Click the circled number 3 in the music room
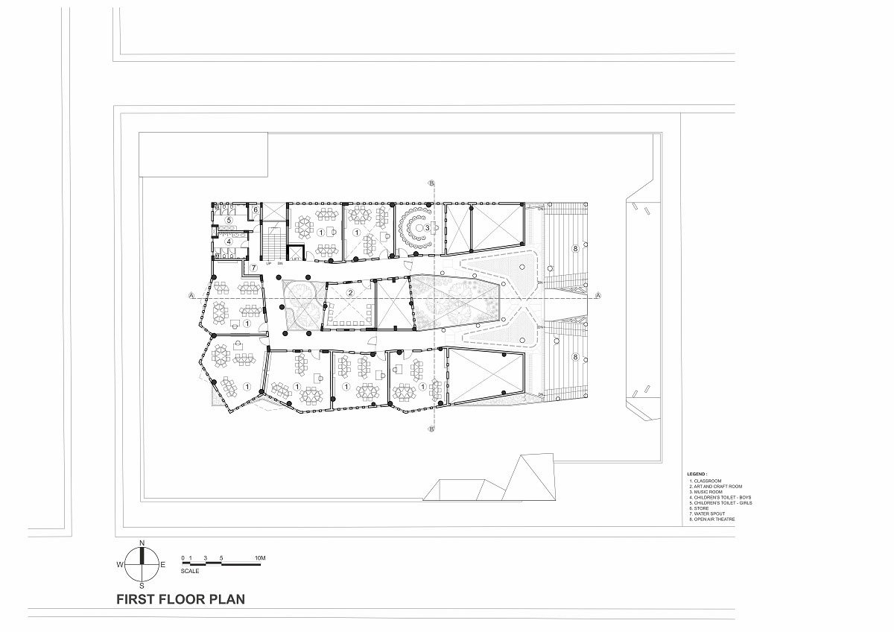point(427,226)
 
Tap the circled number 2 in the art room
point(350,293)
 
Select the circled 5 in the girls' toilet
point(229,221)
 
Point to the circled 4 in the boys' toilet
point(229,241)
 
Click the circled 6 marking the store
point(255,211)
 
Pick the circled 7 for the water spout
point(253,267)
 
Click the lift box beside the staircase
point(297,253)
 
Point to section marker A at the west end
point(191,296)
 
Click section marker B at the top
point(431,183)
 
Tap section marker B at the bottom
point(431,430)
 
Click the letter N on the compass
point(142,542)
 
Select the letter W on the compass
point(119,565)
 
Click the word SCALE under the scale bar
point(191,571)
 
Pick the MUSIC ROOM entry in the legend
point(708,492)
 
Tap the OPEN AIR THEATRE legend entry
point(715,518)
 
